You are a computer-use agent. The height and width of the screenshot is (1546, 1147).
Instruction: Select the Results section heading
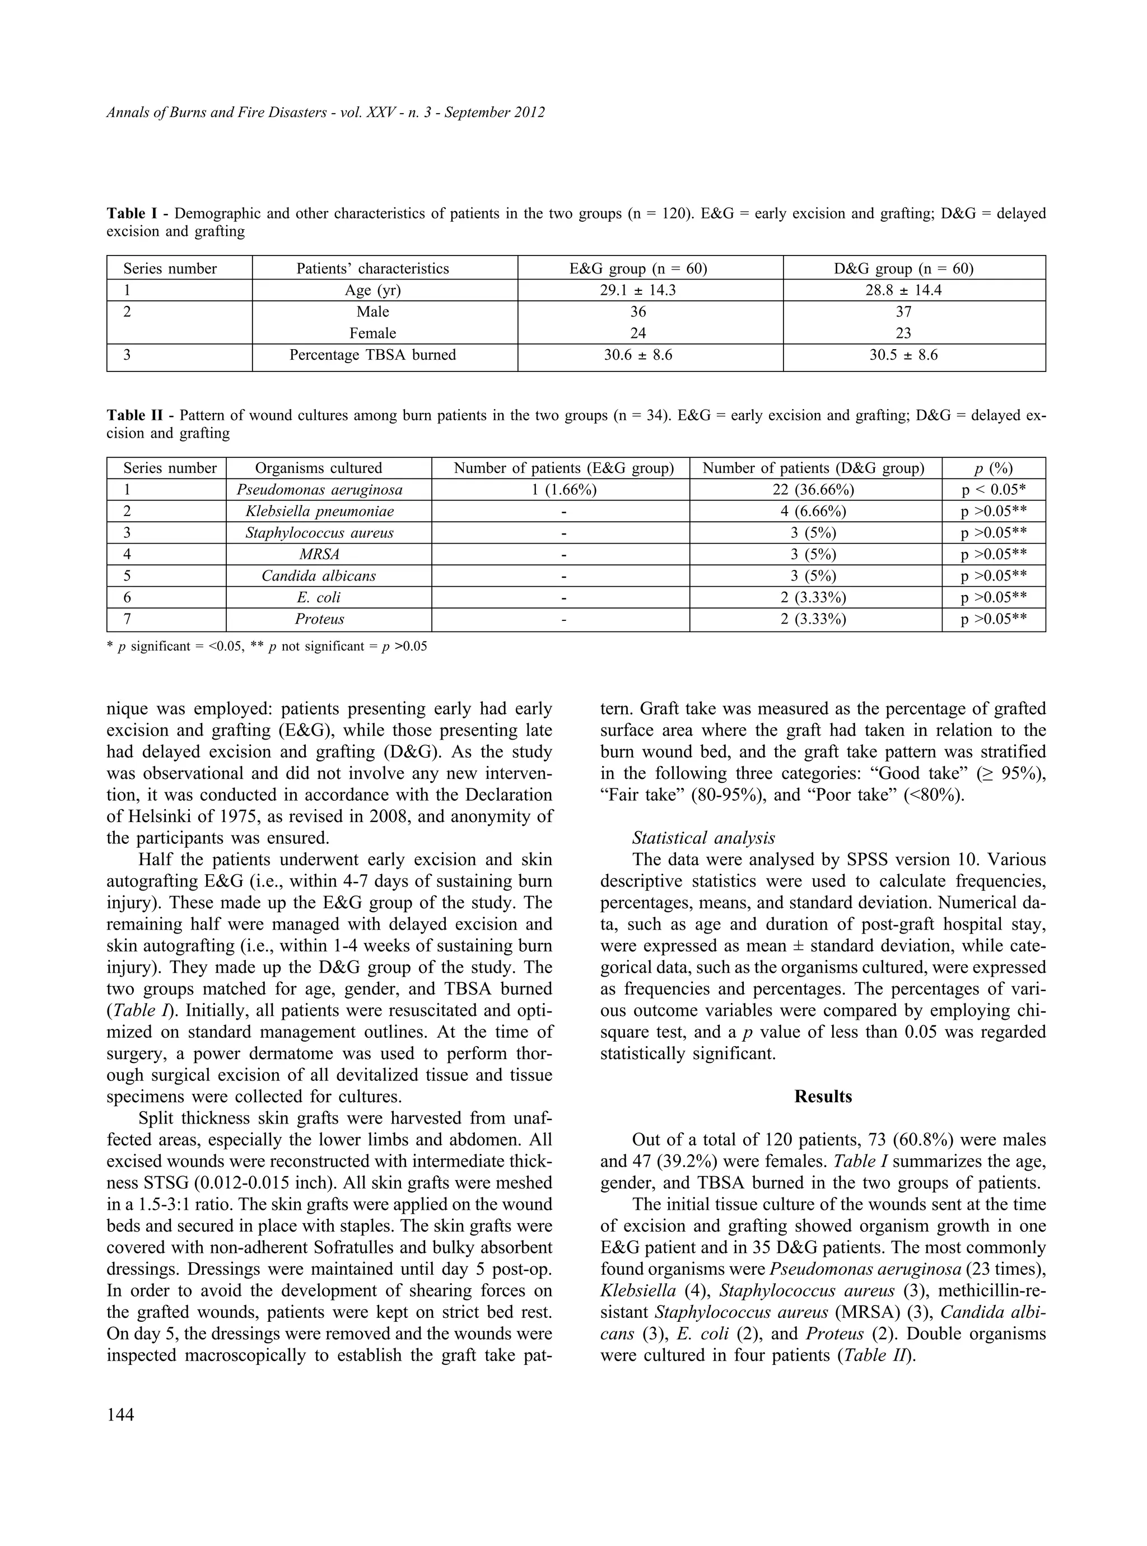[x=823, y=1097]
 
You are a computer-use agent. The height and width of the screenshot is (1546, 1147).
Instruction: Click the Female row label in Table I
[x=373, y=333]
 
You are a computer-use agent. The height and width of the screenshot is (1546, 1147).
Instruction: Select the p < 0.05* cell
[x=994, y=490]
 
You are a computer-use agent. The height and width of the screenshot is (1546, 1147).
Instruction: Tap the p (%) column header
[x=994, y=468]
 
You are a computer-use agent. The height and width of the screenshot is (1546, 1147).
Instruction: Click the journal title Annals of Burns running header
[x=325, y=113]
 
